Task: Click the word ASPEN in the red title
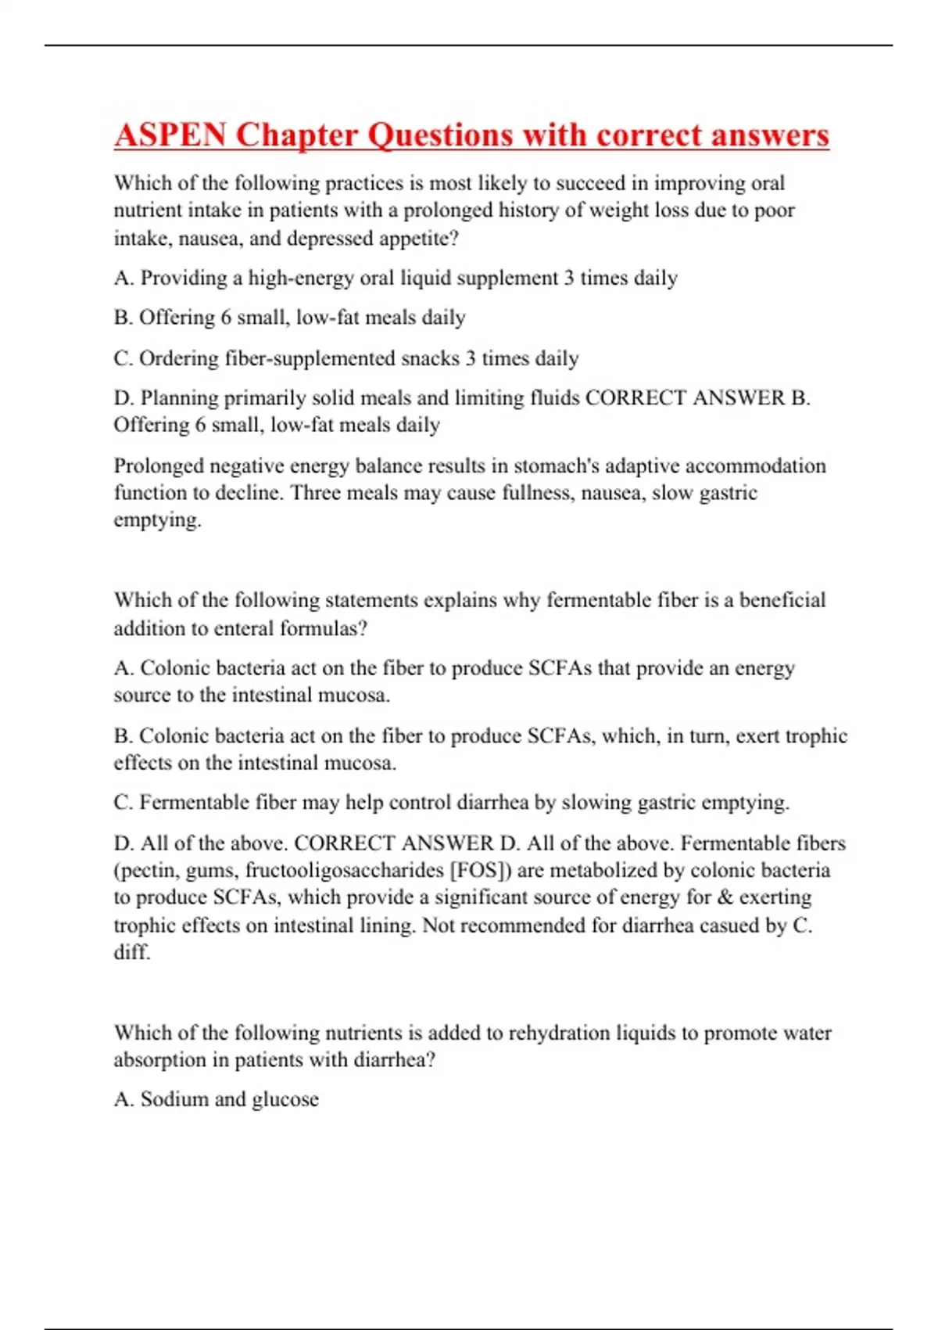pyautogui.click(x=170, y=135)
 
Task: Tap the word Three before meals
pyautogui.click(x=314, y=493)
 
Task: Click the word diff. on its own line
pyautogui.click(x=131, y=952)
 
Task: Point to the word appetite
pyautogui.click(x=416, y=239)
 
